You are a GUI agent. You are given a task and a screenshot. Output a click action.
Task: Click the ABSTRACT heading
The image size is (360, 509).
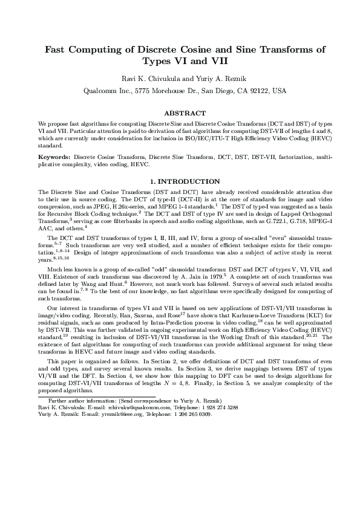(180, 113)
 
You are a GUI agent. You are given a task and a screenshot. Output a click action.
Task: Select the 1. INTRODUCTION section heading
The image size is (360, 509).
(180, 181)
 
